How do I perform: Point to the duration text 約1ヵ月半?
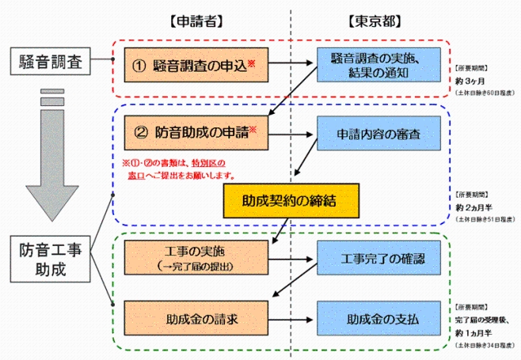(474, 332)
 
